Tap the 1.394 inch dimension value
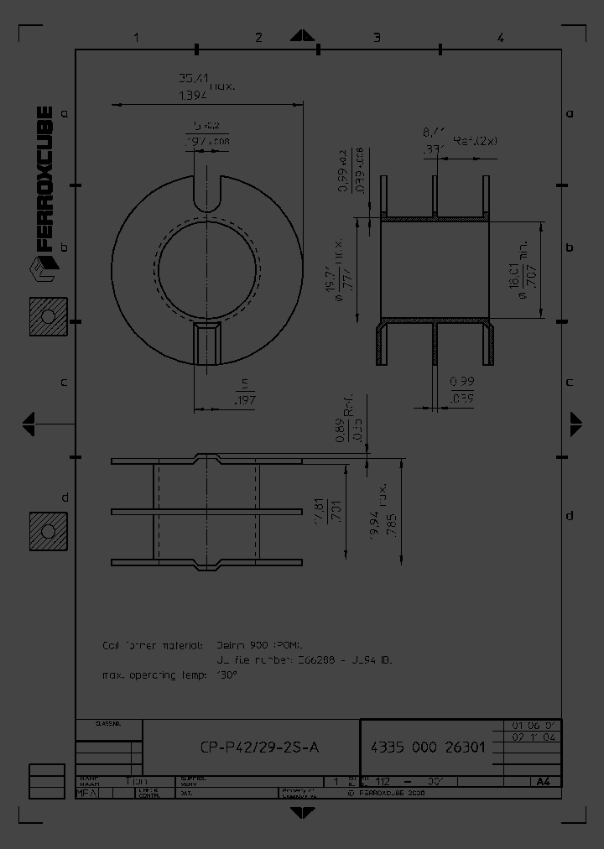click(x=194, y=96)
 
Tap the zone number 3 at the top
click(x=377, y=37)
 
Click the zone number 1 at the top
click(x=135, y=37)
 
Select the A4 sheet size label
click(x=544, y=781)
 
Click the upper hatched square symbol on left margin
click(x=48, y=316)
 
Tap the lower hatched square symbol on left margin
click(x=48, y=531)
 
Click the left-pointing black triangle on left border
click(x=29, y=423)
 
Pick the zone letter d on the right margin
click(x=569, y=515)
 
